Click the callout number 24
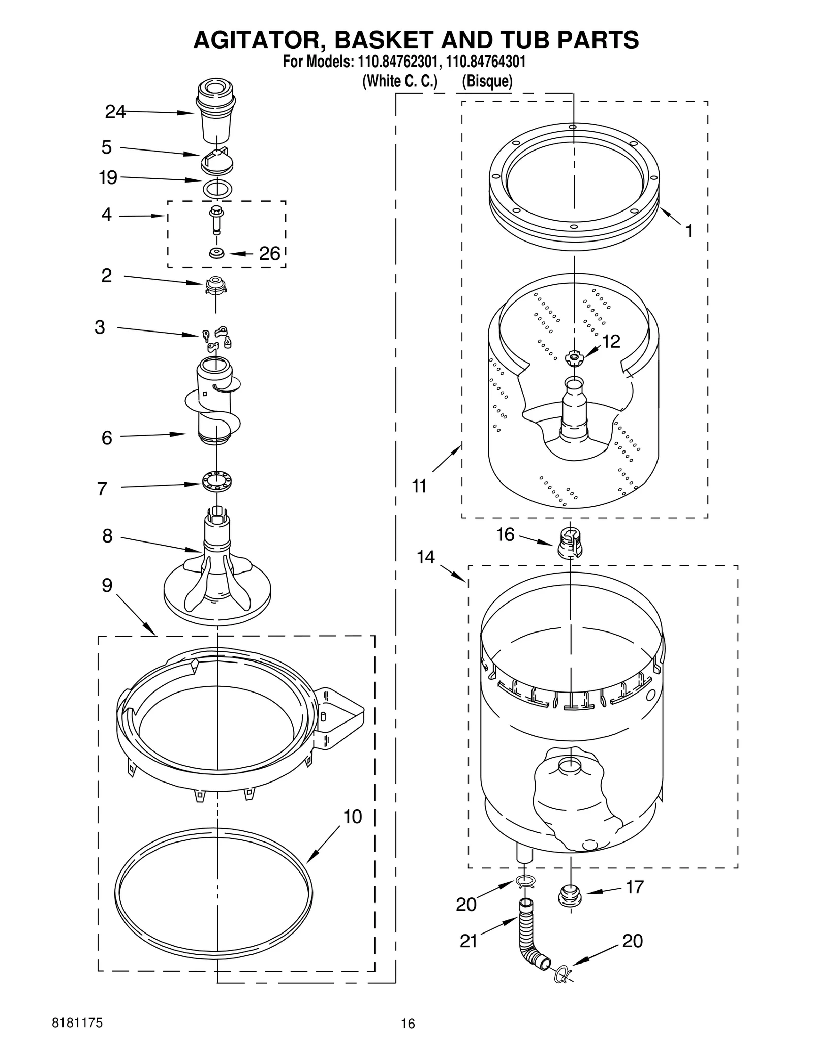click(x=115, y=112)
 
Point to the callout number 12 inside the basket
click(x=611, y=342)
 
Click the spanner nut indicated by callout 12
click(x=574, y=358)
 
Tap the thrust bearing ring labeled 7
click(x=216, y=482)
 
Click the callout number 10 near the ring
click(x=353, y=817)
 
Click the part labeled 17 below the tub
click(x=570, y=895)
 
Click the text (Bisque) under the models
click(x=487, y=81)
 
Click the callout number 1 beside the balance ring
click(x=689, y=232)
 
